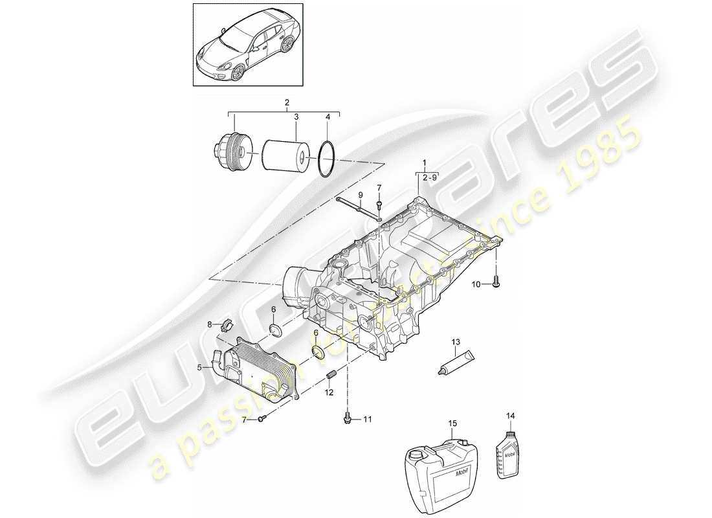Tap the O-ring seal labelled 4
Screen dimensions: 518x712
click(327, 159)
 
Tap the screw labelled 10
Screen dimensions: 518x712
click(496, 282)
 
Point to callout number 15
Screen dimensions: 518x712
click(452, 423)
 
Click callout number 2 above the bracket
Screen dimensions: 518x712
click(287, 102)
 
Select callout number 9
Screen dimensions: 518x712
click(361, 195)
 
